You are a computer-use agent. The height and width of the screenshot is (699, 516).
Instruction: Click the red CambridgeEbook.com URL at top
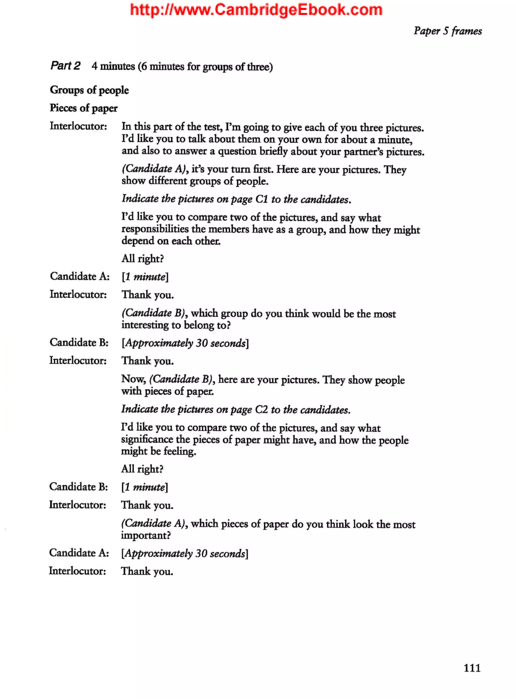[x=256, y=10]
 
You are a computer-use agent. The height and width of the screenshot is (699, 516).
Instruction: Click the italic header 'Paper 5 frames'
[x=448, y=31]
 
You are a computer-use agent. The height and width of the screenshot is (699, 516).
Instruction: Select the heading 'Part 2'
[x=65, y=66]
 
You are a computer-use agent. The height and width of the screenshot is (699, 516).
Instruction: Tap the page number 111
[x=472, y=667]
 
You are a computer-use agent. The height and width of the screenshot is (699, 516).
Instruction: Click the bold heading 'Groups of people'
[x=89, y=90]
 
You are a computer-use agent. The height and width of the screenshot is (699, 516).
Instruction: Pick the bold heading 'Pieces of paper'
[x=84, y=108]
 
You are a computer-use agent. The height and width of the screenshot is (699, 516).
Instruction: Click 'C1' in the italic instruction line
[x=262, y=199]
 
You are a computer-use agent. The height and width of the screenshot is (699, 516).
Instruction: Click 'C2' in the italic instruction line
[x=261, y=409]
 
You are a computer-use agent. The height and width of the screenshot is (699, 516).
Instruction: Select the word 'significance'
[x=147, y=439]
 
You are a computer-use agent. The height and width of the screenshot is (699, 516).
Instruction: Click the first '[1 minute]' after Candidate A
[x=145, y=277]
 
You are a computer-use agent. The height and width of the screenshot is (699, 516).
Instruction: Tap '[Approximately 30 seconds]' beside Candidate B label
[x=185, y=343]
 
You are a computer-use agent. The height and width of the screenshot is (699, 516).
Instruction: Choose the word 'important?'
[x=146, y=536]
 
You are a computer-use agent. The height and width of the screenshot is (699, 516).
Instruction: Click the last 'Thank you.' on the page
[x=147, y=571]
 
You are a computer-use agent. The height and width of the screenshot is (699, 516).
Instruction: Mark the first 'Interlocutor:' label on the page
[x=78, y=126]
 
